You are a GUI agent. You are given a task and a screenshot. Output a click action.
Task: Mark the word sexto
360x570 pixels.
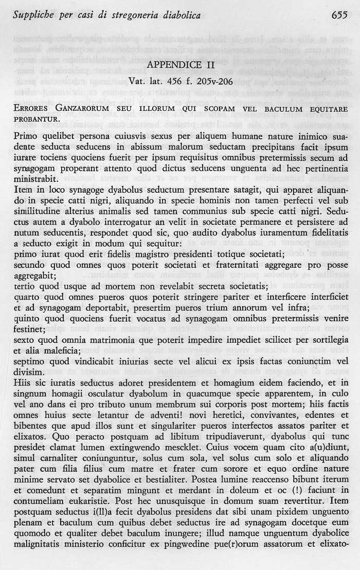(24, 340)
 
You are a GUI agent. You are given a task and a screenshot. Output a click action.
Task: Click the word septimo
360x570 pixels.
(29, 360)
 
